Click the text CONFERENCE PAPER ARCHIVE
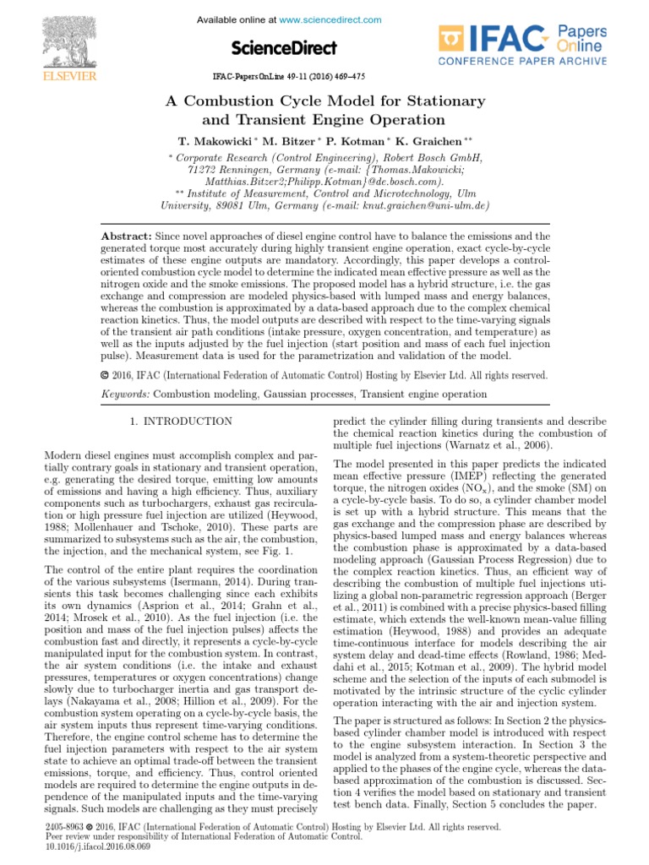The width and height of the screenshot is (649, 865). [x=521, y=62]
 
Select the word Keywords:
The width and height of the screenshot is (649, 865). [x=124, y=394]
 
